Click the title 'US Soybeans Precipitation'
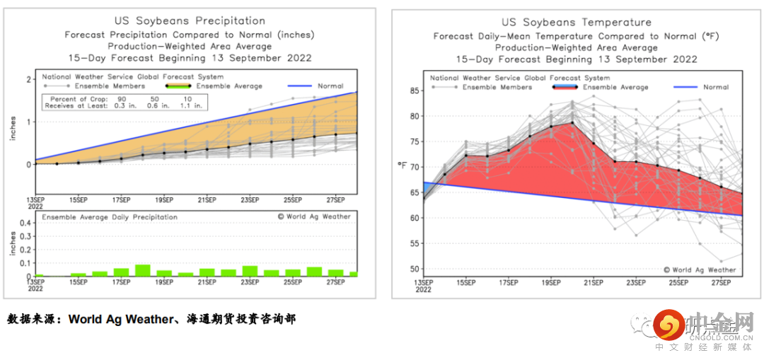pos(190,21)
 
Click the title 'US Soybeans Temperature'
pos(577,23)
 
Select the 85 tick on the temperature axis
pos(415,91)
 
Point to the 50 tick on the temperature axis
pos(415,269)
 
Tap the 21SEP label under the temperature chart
pos(593,282)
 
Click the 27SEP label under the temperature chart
pos(720,282)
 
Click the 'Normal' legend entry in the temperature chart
pos(716,87)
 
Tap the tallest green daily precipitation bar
pos(143,270)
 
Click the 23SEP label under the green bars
pos(249,282)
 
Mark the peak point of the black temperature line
pos(572,123)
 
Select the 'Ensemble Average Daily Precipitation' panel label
pos(110,217)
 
